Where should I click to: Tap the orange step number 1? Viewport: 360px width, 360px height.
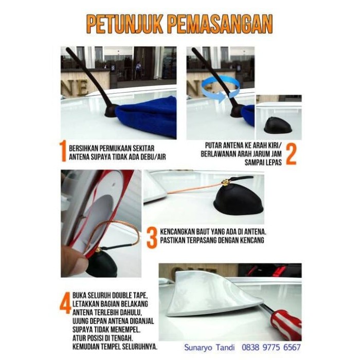click(x=63, y=152)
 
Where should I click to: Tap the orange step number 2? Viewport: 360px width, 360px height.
click(x=291, y=153)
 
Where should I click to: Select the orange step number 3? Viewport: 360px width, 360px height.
click(x=151, y=238)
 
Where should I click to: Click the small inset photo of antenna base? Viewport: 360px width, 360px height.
click(x=279, y=117)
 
